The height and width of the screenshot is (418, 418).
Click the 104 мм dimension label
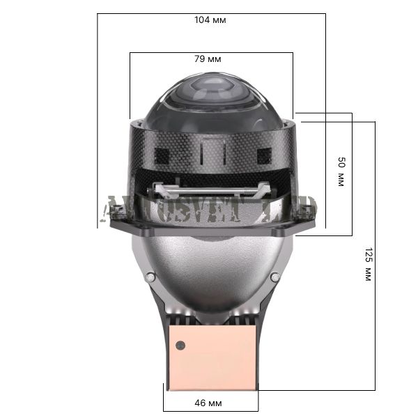[210, 20]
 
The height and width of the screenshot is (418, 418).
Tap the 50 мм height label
[341, 171]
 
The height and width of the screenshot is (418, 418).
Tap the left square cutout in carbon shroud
[162, 155]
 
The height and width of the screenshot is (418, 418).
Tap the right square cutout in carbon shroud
[264, 155]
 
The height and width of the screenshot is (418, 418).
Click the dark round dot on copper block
[180, 344]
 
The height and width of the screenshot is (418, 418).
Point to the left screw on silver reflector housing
[148, 277]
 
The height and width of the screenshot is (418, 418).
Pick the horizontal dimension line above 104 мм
[211, 13]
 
